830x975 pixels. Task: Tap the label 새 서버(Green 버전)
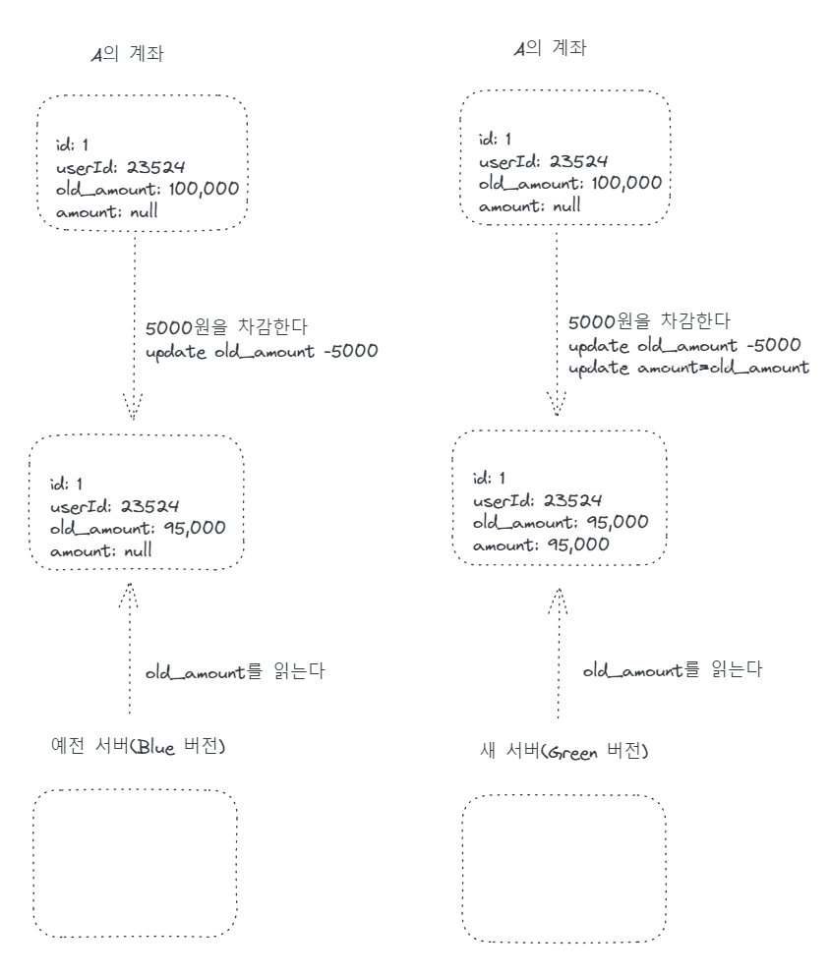pyautogui.click(x=563, y=752)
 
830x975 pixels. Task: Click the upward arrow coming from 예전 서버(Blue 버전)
pyautogui.click(x=129, y=649)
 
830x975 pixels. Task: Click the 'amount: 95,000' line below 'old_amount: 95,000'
pyautogui.click(x=541, y=545)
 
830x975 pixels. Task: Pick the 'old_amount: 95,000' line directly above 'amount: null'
pyautogui.click(x=139, y=529)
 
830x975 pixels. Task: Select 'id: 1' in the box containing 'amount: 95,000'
pyautogui.click(x=489, y=479)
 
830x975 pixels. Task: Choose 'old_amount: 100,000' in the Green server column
pyautogui.click(x=569, y=184)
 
